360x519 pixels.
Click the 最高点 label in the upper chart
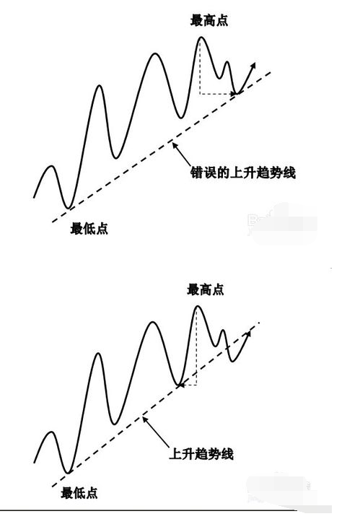pos(209,20)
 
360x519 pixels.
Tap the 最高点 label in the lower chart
pos(206,289)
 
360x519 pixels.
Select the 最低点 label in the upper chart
pos(89,229)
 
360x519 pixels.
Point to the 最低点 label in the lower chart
pos(79,493)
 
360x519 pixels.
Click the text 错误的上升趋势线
pos(243,173)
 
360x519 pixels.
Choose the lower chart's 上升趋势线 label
pos(201,453)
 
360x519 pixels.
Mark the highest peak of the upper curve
pos(201,38)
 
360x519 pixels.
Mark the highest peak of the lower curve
pos(198,307)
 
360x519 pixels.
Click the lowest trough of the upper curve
pos(68,208)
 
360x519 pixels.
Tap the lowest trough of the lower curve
pos(68,472)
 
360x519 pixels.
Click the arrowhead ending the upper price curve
pos(253,65)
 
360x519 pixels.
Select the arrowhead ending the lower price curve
pos(248,333)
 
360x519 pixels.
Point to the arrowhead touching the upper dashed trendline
pos(173,144)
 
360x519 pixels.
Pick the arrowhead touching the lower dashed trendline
pos(144,419)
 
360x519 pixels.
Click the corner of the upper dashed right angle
pos(200,95)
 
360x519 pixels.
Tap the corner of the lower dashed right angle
pos(196,385)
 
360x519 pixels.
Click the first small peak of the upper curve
pos(51,166)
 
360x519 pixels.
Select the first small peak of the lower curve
pos(52,432)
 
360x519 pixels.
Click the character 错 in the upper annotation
pos(196,173)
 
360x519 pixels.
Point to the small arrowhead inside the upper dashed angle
pos(232,95)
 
